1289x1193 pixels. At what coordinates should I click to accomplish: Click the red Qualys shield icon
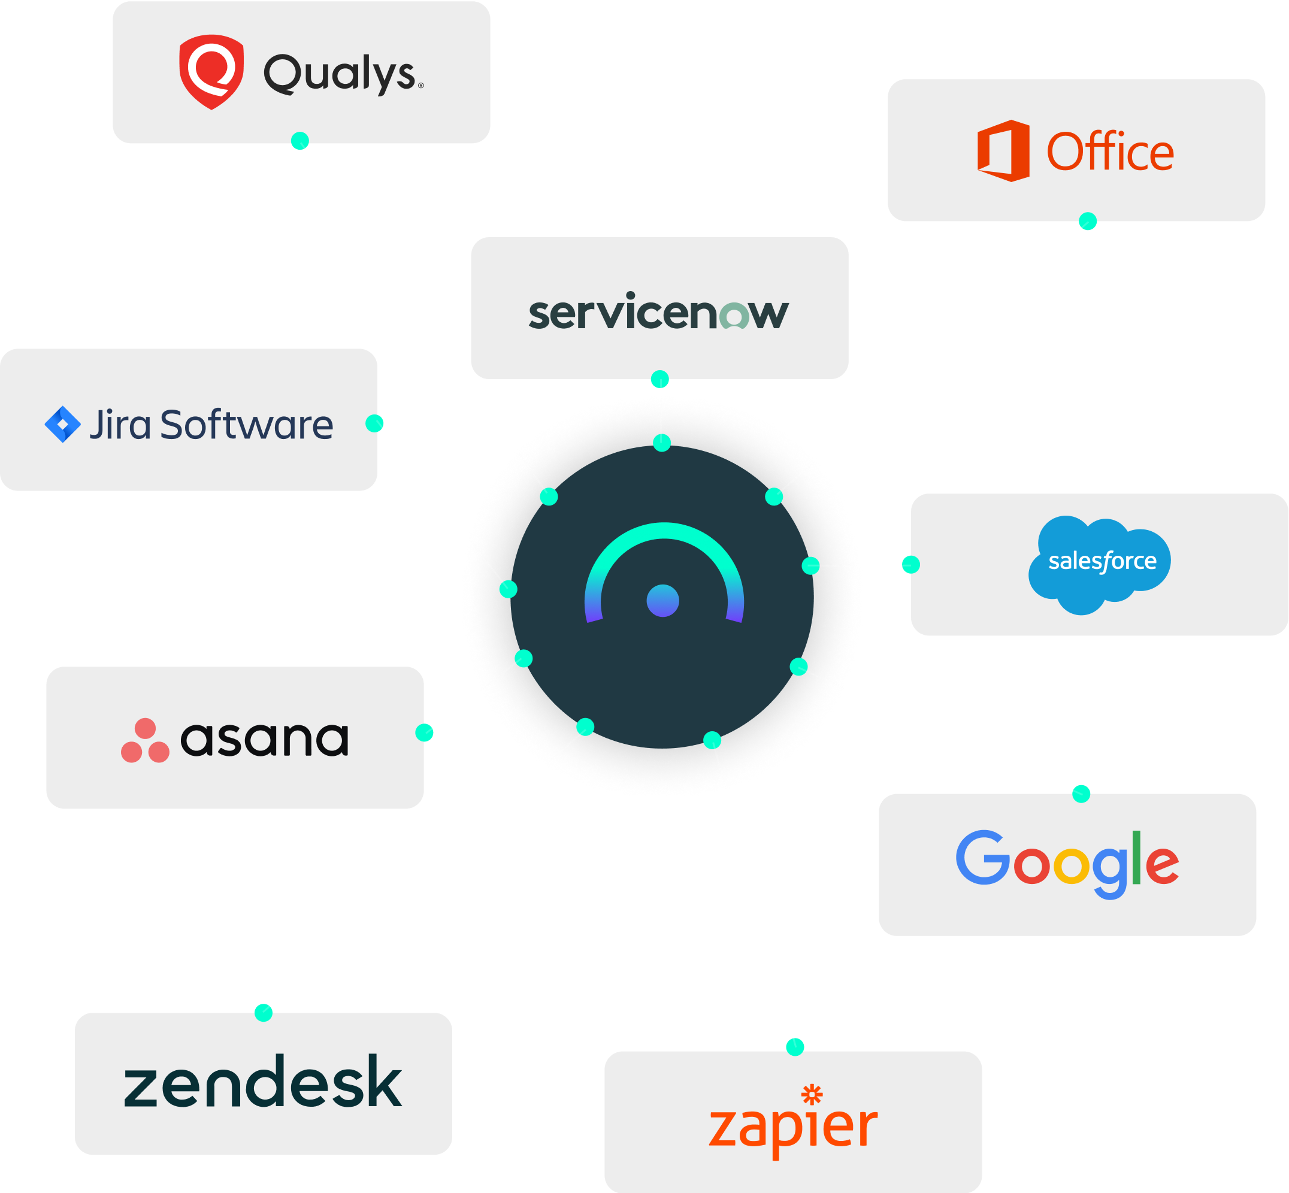pyautogui.click(x=211, y=71)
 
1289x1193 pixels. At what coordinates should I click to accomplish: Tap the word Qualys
pyautogui.click(x=340, y=74)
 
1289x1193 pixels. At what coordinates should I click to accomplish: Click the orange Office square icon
pyautogui.click(x=1002, y=150)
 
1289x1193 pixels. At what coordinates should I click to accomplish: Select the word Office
pyautogui.click(x=1109, y=152)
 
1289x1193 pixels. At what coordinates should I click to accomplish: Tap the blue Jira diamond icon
pyautogui.click(x=63, y=424)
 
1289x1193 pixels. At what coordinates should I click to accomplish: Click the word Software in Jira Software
pyautogui.click(x=246, y=425)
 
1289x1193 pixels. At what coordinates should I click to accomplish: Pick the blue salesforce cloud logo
pyautogui.click(x=1099, y=564)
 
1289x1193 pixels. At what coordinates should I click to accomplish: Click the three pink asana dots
pyautogui.click(x=145, y=740)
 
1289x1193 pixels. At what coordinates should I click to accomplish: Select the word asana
pyautogui.click(x=264, y=739)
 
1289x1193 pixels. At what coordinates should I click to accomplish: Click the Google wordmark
pyautogui.click(x=1067, y=864)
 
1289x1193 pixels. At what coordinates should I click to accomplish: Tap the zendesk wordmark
pyautogui.click(x=262, y=1083)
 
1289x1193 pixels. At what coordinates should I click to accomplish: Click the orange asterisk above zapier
pyautogui.click(x=812, y=1094)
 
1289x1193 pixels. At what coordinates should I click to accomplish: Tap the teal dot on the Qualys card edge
pyautogui.click(x=299, y=140)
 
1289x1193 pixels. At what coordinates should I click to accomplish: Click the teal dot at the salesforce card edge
pyautogui.click(x=910, y=564)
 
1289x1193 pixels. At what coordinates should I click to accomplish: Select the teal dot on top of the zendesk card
pyautogui.click(x=263, y=1012)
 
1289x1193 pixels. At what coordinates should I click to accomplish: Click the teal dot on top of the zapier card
pyautogui.click(x=794, y=1046)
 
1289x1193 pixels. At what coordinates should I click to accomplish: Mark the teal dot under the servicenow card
pyautogui.click(x=659, y=379)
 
